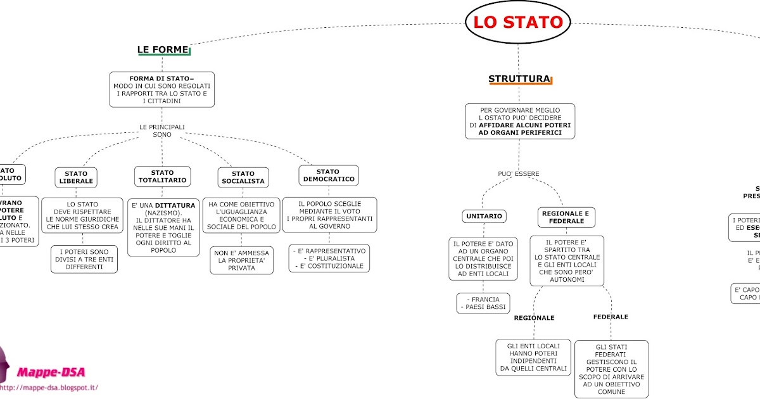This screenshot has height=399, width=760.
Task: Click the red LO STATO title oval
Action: pyautogui.click(x=517, y=23)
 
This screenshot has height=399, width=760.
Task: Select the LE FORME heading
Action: pyautogui.click(x=163, y=49)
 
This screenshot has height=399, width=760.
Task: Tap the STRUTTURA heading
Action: pyautogui.click(x=519, y=79)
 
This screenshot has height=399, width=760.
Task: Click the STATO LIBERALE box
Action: pyautogui.click(x=76, y=177)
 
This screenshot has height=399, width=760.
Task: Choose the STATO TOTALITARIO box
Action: pyautogui.click(x=162, y=176)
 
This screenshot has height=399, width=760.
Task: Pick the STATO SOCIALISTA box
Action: pyautogui.click(x=243, y=177)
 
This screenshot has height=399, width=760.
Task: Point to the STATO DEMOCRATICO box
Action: pyautogui.click(x=328, y=175)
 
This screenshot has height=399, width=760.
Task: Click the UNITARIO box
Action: pyautogui.click(x=484, y=216)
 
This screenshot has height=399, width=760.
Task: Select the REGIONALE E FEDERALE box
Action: pyautogui.click(x=566, y=217)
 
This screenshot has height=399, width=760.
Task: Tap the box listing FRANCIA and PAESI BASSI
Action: pyautogui.click(x=482, y=303)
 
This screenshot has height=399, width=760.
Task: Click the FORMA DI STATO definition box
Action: pyautogui.click(x=161, y=89)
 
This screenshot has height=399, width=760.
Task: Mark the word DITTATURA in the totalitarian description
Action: pyautogui.click(x=175, y=205)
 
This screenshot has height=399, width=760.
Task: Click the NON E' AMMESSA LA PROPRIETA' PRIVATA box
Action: pyautogui.click(x=242, y=260)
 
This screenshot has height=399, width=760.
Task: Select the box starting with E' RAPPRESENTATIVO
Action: pyautogui.click(x=329, y=258)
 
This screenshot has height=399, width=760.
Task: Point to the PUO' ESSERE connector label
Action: pyautogui.click(x=519, y=174)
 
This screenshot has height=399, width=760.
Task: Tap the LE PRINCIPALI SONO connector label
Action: pyautogui.click(x=162, y=130)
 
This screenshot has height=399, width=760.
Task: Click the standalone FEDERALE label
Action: pyautogui.click(x=611, y=317)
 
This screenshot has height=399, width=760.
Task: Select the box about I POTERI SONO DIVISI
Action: pyautogui.click(x=84, y=259)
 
